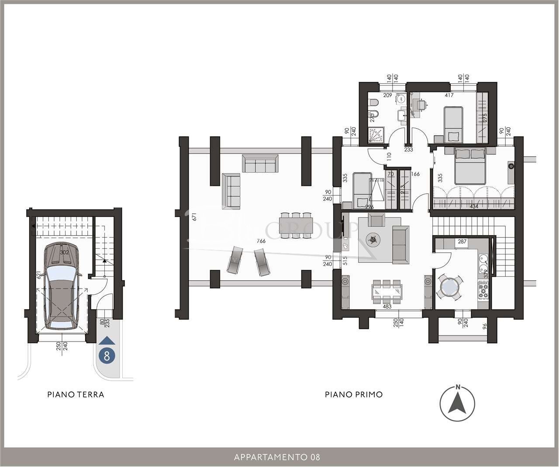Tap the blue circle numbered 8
(107, 355)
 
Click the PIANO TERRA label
(76, 394)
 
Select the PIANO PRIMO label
(354, 394)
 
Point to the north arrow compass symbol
(458, 403)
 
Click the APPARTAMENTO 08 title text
(277, 457)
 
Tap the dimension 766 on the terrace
(261, 241)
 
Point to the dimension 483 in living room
(386, 307)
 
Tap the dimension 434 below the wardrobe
(475, 206)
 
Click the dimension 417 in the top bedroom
(449, 95)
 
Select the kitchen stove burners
(483, 289)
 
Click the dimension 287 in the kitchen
(462, 241)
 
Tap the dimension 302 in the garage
(65, 252)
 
